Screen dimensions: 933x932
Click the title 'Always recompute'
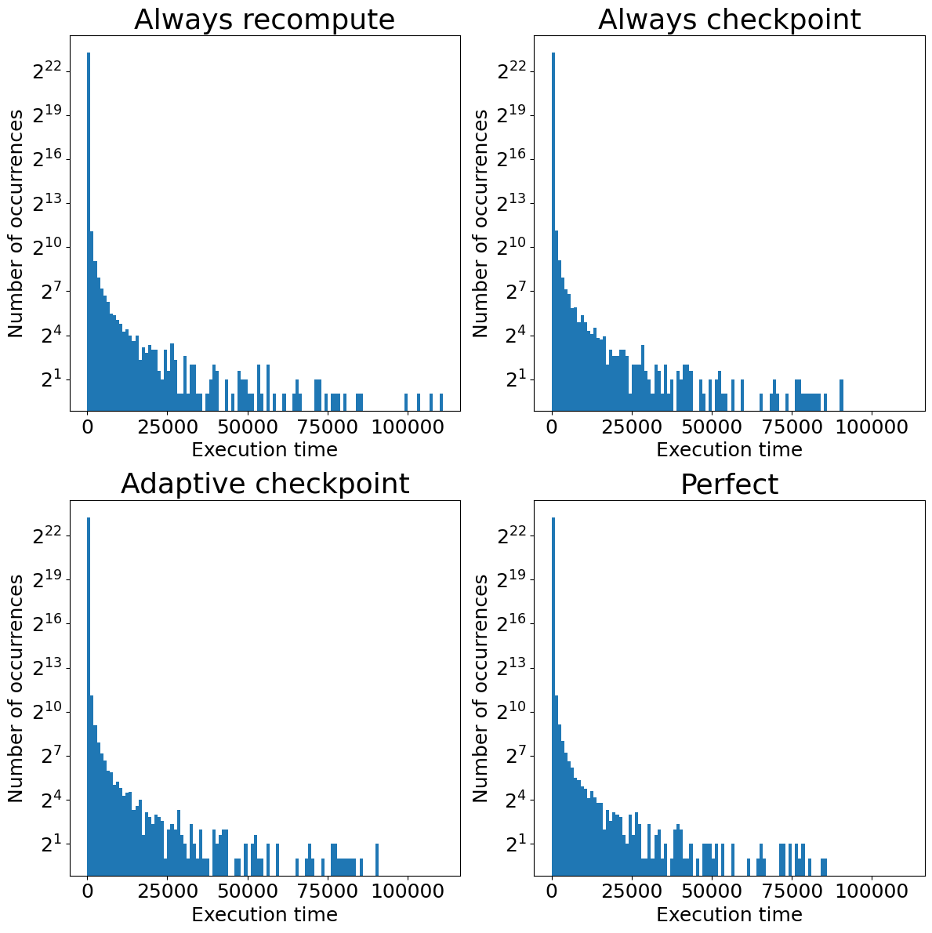264,20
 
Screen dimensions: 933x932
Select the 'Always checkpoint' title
729,20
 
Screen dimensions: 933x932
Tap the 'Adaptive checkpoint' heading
264,484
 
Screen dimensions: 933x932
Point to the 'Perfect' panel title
729,485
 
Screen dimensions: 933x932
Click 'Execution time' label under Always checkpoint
729,450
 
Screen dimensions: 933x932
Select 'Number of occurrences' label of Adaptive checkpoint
16,688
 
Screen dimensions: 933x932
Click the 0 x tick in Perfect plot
552,892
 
